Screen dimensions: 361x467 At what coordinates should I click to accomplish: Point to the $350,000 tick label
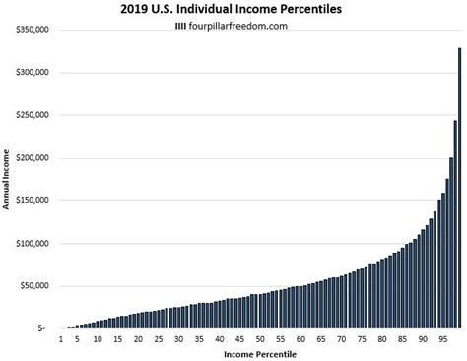pyautogui.click(x=33, y=32)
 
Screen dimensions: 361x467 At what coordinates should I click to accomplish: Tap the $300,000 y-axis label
pyautogui.click(x=33, y=74)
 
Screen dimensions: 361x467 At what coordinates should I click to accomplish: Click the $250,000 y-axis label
pyautogui.click(x=33, y=116)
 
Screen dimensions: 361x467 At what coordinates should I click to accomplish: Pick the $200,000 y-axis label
pyautogui.click(x=33, y=159)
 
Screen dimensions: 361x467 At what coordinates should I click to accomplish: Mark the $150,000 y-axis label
pyautogui.click(x=33, y=201)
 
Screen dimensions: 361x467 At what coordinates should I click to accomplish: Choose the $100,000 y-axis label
pyautogui.click(x=33, y=244)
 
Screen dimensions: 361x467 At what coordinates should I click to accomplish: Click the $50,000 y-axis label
pyautogui.click(x=34, y=286)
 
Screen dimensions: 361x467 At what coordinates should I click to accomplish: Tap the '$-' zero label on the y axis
pyautogui.click(x=40, y=328)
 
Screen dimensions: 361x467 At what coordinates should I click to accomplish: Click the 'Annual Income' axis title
pyautogui.click(x=7, y=180)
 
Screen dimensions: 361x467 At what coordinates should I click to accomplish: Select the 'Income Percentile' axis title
pyautogui.click(x=258, y=353)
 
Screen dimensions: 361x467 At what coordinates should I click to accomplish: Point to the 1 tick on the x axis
pyautogui.click(x=62, y=339)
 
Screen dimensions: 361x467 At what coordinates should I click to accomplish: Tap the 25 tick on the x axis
pyautogui.click(x=159, y=339)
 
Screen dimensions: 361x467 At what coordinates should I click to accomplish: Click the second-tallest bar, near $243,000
pyautogui.click(x=455, y=225)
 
